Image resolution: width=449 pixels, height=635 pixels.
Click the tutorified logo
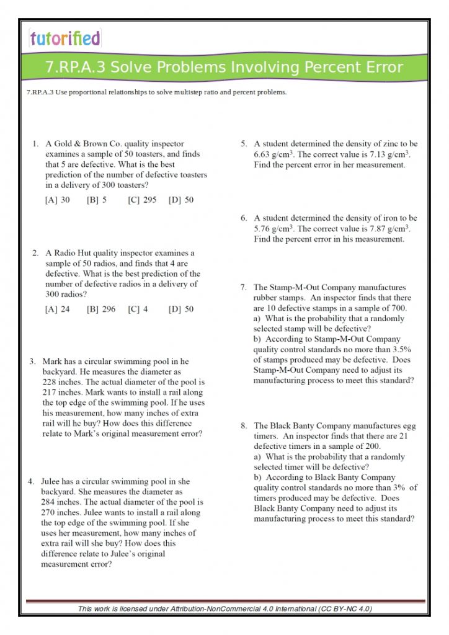click(64, 38)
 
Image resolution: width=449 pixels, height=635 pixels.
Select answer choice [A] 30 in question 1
click(58, 200)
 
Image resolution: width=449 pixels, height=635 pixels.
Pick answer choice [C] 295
click(143, 200)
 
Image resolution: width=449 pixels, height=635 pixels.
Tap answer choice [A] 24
click(58, 309)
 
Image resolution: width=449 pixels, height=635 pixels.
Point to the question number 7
click(243, 288)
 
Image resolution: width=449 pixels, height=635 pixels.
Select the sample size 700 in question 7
click(398, 308)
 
